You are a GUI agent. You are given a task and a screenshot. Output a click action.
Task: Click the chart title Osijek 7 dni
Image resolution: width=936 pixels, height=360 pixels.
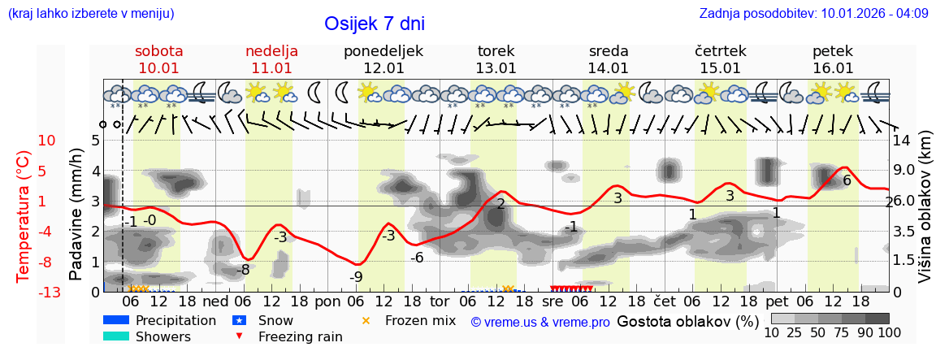click(x=375, y=24)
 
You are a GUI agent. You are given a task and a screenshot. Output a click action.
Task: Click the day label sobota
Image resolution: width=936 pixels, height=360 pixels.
click(x=158, y=50)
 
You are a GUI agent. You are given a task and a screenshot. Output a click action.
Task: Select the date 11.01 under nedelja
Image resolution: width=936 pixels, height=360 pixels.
click(x=271, y=68)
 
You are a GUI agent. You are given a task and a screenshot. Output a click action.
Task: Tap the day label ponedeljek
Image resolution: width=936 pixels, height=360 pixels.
click(x=383, y=50)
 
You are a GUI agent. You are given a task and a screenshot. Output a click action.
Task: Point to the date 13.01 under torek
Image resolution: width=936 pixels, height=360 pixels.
click(x=496, y=68)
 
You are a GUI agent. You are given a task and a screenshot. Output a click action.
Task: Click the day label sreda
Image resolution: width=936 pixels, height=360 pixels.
click(x=609, y=50)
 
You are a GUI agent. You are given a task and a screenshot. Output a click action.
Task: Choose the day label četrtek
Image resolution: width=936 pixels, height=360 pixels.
click(x=721, y=50)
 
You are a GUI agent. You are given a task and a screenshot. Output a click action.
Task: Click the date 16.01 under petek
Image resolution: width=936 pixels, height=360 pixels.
click(x=833, y=68)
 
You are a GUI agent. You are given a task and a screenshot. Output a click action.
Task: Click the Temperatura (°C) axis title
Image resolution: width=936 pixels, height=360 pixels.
click(x=23, y=215)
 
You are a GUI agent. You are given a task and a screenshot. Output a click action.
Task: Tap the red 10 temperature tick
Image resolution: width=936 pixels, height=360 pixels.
click(x=47, y=141)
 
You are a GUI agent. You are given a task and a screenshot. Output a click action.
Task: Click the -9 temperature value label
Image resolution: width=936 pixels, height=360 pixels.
click(x=356, y=276)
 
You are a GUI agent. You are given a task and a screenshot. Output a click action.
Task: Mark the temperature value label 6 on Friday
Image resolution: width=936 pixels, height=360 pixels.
click(x=847, y=180)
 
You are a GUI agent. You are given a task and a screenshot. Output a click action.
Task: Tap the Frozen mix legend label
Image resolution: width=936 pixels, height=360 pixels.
click(x=420, y=320)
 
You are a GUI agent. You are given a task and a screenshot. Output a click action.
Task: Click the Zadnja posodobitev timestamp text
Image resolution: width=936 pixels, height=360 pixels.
click(x=813, y=14)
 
